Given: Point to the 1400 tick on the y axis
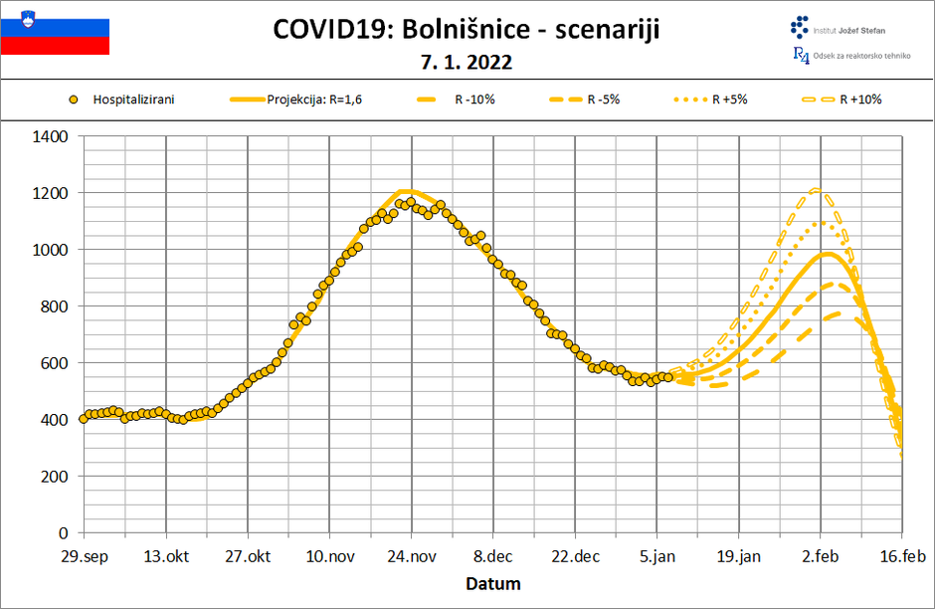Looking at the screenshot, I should [51, 136].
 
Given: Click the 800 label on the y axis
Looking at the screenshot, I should [56, 306].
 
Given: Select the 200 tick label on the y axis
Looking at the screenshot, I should [56, 477].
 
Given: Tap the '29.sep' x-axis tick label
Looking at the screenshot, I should [84, 556].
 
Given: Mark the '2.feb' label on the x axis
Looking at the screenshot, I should [820, 556].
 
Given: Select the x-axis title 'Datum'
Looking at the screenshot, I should [492, 583].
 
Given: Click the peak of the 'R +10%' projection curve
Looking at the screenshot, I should [818, 189].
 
